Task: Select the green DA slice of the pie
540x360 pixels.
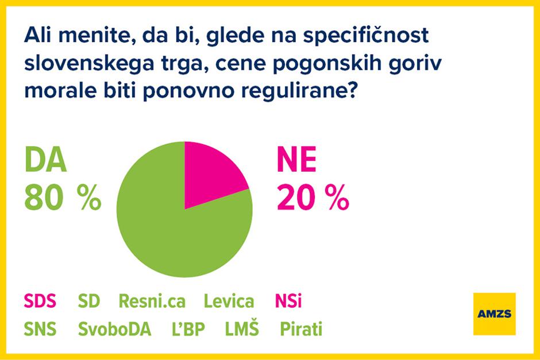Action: pos(172,230)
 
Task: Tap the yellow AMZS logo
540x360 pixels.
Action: pos(495,313)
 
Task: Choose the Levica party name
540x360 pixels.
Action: pos(229,301)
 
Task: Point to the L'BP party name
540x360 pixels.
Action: pos(188,330)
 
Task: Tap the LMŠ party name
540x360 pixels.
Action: pos(241,330)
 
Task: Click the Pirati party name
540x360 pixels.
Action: pos(300,330)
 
